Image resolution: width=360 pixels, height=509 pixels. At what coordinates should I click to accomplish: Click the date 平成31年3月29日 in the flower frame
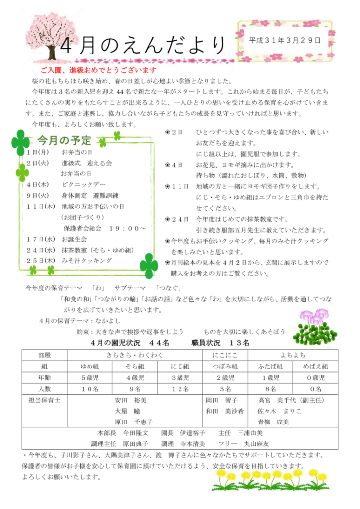pyautogui.click(x=284, y=40)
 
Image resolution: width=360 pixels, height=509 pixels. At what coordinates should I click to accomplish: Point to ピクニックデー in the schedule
pyautogui.click(x=82, y=183)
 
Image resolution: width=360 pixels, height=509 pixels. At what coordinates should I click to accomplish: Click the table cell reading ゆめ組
pyautogui.click(x=90, y=366)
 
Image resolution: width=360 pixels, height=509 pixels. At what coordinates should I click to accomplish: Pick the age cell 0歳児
pyautogui.click(x=315, y=377)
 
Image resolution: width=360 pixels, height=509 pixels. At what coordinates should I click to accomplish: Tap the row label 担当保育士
pyautogui.click(x=44, y=400)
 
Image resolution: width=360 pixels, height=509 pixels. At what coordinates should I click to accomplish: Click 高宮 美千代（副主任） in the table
pyautogui.click(x=291, y=400)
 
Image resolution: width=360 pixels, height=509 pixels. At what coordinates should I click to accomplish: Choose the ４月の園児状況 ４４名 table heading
pyautogui.click(x=130, y=344)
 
